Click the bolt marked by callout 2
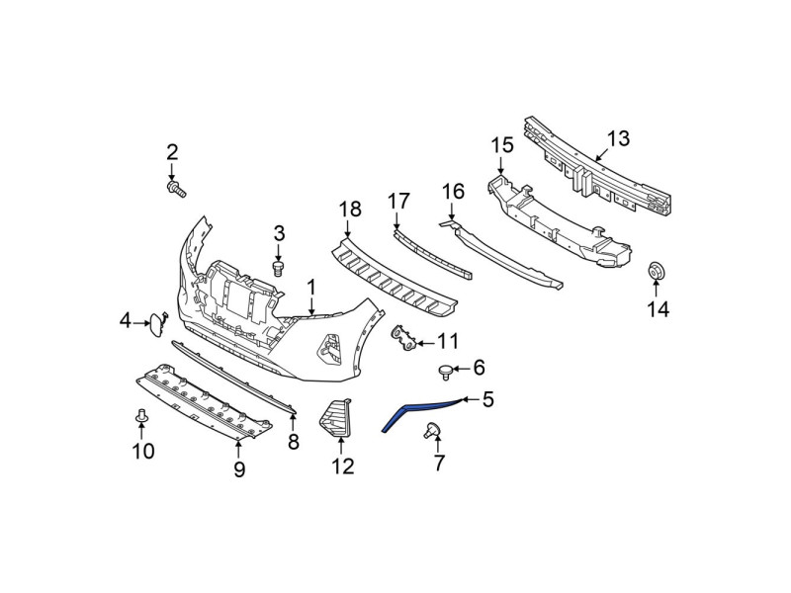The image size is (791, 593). pyautogui.click(x=176, y=190)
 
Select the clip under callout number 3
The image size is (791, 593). pyautogui.click(x=278, y=268)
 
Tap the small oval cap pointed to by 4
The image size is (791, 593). pyautogui.click(x=156, y=325)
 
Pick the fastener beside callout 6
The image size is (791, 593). pyautogui.click(x=444, y=373)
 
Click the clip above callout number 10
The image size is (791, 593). pyautogui.click(x=141, y=416)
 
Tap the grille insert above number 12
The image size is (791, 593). pyautogui.click(x=335, y=417)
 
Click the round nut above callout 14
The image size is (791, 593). pyautogui.click(x=657, y=272)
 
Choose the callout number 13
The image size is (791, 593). pyautogui.click(x=619, y=138)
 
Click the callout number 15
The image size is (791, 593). pyautogui.click(x=502, y=144)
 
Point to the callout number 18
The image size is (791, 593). pyautogui.click(x=350, y=209)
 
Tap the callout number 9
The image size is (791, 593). pyautogui.click(x=239, y=469)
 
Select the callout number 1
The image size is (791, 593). pyautogui.click(x=311, y=288)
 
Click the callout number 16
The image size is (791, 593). pyautogui.click(x=453, y=192)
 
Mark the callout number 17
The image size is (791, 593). pyautogui.click(x=398, y=202)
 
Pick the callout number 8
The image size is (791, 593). pyautogui.click(x=293, y=442)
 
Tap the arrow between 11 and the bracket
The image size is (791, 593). pyautogui.click(x=425, y=343)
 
